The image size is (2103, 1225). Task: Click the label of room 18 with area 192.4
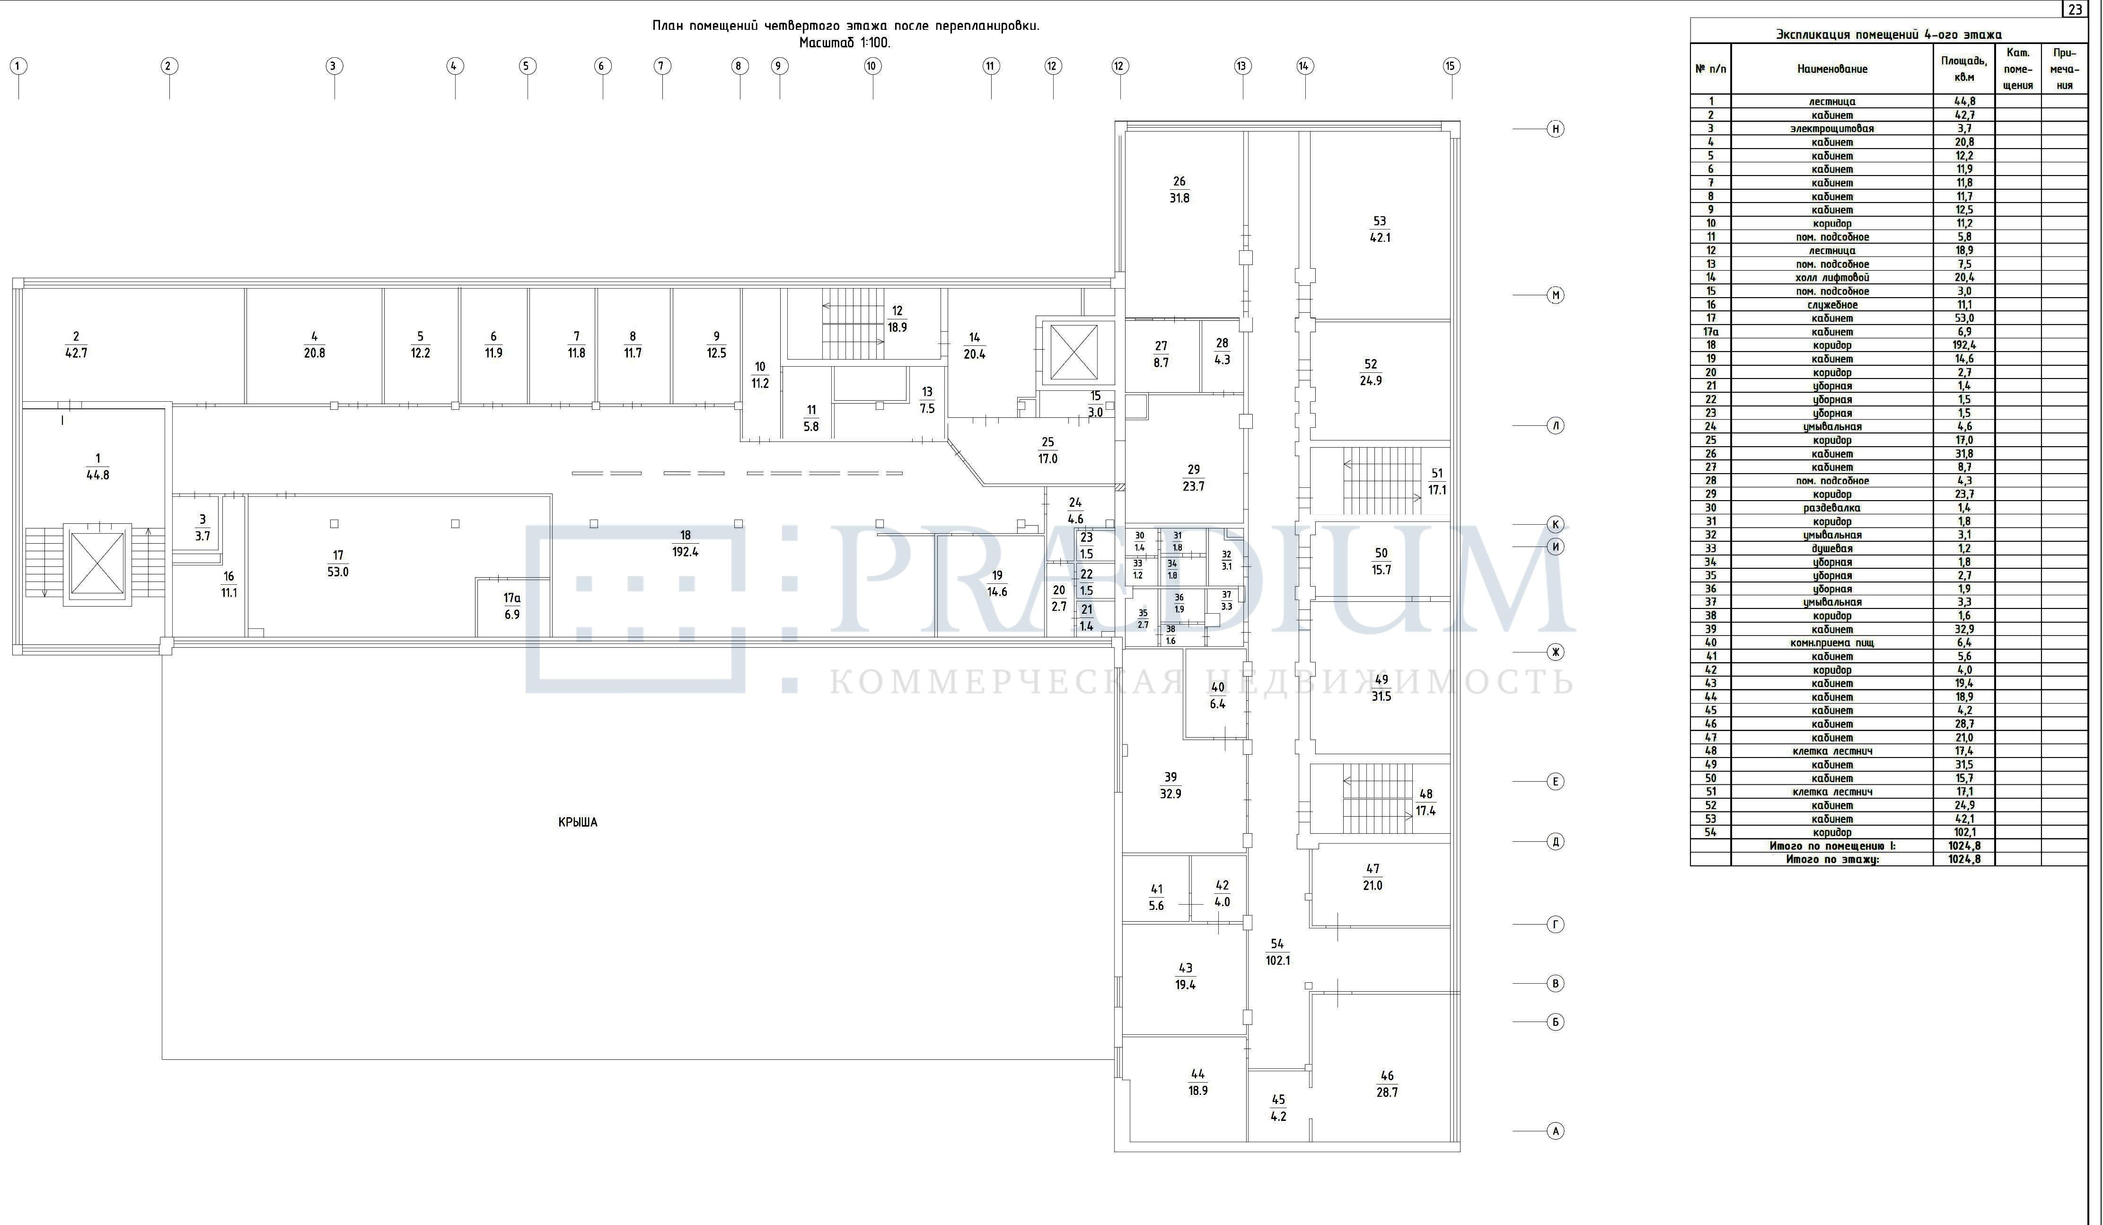(x=685, y=543)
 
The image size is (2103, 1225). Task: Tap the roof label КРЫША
(x=578, y=822)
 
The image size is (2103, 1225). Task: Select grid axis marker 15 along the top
(x=1451, y=66)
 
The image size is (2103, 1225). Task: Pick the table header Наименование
(x=1833, y=69)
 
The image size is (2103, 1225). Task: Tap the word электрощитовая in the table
(x=1833, y=129)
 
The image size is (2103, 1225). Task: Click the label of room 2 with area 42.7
(x=76, y=344)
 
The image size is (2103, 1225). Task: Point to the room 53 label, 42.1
(x=1380, y=229)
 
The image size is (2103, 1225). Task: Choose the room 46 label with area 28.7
(x=1387, y=1084)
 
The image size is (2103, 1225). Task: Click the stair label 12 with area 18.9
(x=897, y=319)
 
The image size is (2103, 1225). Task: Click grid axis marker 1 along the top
(x=18, y=66)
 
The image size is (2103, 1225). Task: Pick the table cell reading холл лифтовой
(x=1833, y=278)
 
